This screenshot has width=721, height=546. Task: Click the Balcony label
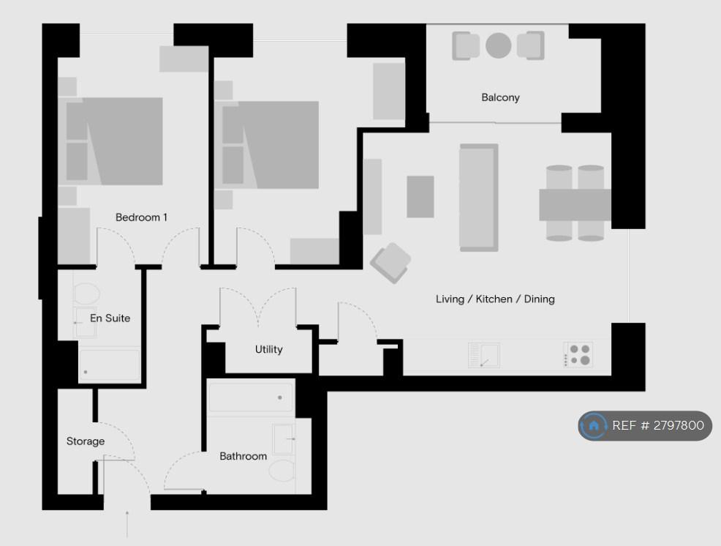point(500,97)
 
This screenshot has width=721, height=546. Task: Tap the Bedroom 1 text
point(141,217)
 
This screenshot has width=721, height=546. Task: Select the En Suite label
point(110,318)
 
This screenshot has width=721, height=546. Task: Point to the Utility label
point(269,349)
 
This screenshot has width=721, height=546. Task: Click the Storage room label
point(86,441)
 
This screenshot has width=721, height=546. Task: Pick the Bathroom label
point(244,456)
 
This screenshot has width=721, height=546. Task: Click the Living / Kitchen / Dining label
point(495,299)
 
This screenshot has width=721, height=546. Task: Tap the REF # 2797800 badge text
point(658,425)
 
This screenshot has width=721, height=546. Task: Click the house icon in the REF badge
point(594,425)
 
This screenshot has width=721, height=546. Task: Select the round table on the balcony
point(499,45)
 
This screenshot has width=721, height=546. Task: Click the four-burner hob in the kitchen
point(579,354)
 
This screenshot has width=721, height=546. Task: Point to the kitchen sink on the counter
point(484,356)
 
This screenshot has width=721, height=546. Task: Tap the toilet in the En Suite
point(86,293)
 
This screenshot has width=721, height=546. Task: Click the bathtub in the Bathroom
point(251,397)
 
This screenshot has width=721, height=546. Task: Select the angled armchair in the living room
point(391,263)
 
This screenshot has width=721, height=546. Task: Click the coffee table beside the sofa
point(420,197)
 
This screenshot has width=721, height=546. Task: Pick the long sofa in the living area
point(479,198)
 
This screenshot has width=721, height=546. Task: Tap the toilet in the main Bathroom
point(282,470)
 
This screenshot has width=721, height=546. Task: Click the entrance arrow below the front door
point(127,524)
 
